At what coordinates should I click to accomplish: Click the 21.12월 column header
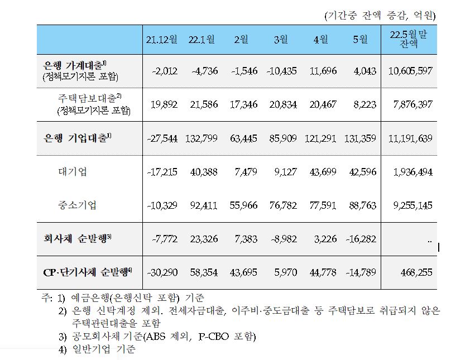pyautogui.click(x=162, y=40)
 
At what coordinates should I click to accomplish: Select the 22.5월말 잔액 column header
pyautogui.click(x=409, y=39)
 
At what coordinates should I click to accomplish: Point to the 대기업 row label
pyautogui.click(x=72, y=172)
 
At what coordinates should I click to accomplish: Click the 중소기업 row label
pyautogui.click(x=77, y=205)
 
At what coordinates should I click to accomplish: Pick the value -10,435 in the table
pyautogui.click(x=281, y=71)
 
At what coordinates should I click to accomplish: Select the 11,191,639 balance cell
pyautogui.click(x=409, y=138)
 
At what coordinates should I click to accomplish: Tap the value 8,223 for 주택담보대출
pyautogui.click(x=364, y=104)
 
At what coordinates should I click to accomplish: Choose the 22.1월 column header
pyautogui.click(x=201, y=40)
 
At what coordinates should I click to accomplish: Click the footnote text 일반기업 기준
pyautogui.click(x=104, y=350)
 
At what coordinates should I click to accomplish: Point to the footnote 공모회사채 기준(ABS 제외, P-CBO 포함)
pyautogui.click(x=165, y=337)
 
